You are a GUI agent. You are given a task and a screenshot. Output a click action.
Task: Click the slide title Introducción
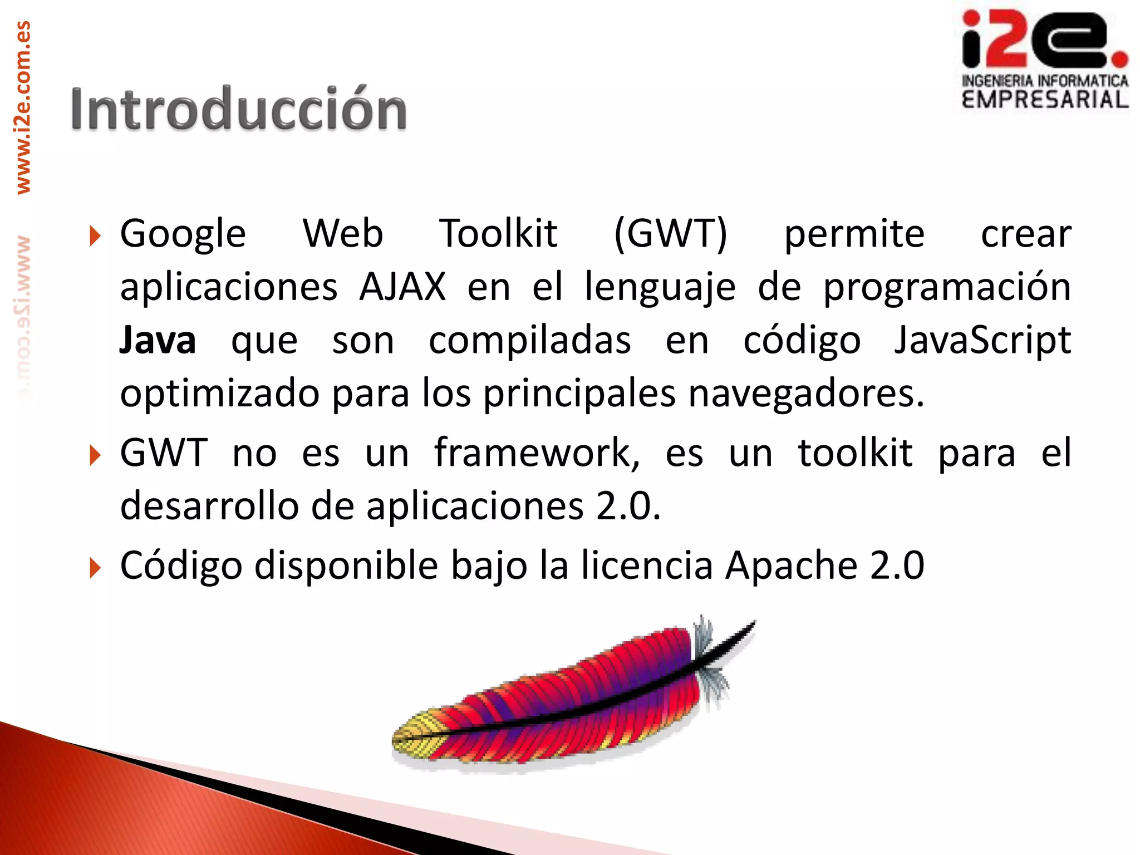tap(238, 110)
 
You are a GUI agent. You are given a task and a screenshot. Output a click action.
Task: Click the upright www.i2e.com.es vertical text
tap(23, 107)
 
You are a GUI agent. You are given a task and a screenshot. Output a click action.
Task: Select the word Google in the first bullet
tap(183, 234)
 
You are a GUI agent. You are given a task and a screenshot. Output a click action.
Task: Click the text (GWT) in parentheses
tap(670, 234)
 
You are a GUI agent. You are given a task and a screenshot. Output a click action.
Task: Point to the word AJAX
tap(402, 287)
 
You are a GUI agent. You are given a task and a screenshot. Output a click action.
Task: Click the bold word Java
tap(158, 341)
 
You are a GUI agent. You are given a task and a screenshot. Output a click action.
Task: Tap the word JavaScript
tap(982, 341)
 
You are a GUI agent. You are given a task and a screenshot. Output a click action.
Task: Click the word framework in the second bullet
tap(537, 453)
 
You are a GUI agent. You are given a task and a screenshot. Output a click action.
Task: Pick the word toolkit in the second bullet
tap(855, 453)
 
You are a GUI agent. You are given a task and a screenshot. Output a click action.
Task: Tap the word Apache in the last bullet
tap(791, 566)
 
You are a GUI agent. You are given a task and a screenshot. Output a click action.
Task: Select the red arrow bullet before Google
tap(95, 236)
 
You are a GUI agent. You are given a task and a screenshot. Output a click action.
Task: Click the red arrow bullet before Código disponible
tap(95, 568)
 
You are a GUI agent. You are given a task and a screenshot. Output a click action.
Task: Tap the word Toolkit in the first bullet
tap(498, 234)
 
